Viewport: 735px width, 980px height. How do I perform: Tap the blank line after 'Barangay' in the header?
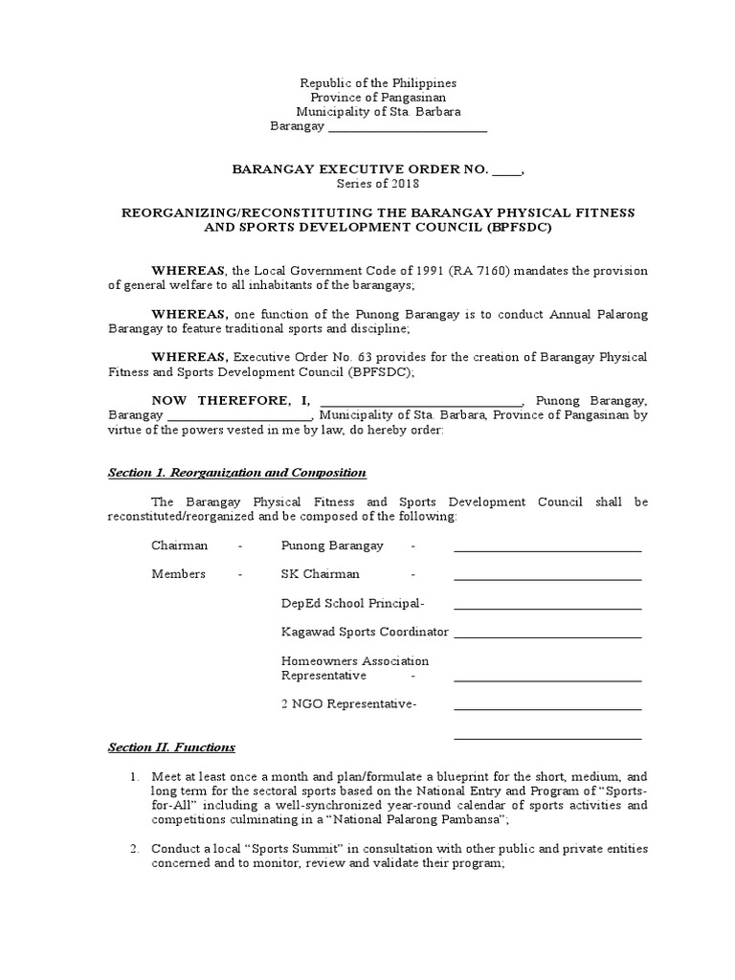tap(408, 128)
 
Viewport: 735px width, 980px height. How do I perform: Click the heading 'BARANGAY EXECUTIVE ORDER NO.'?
tap(361, 169)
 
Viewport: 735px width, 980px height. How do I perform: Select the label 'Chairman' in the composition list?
tap(179, 546)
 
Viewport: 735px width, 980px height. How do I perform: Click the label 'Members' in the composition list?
tap(178, 574)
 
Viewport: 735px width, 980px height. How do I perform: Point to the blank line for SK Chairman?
tap(547, 576)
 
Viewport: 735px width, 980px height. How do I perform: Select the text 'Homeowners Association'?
tap(355, 661)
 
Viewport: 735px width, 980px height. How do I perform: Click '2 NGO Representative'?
tap(346, 704)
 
